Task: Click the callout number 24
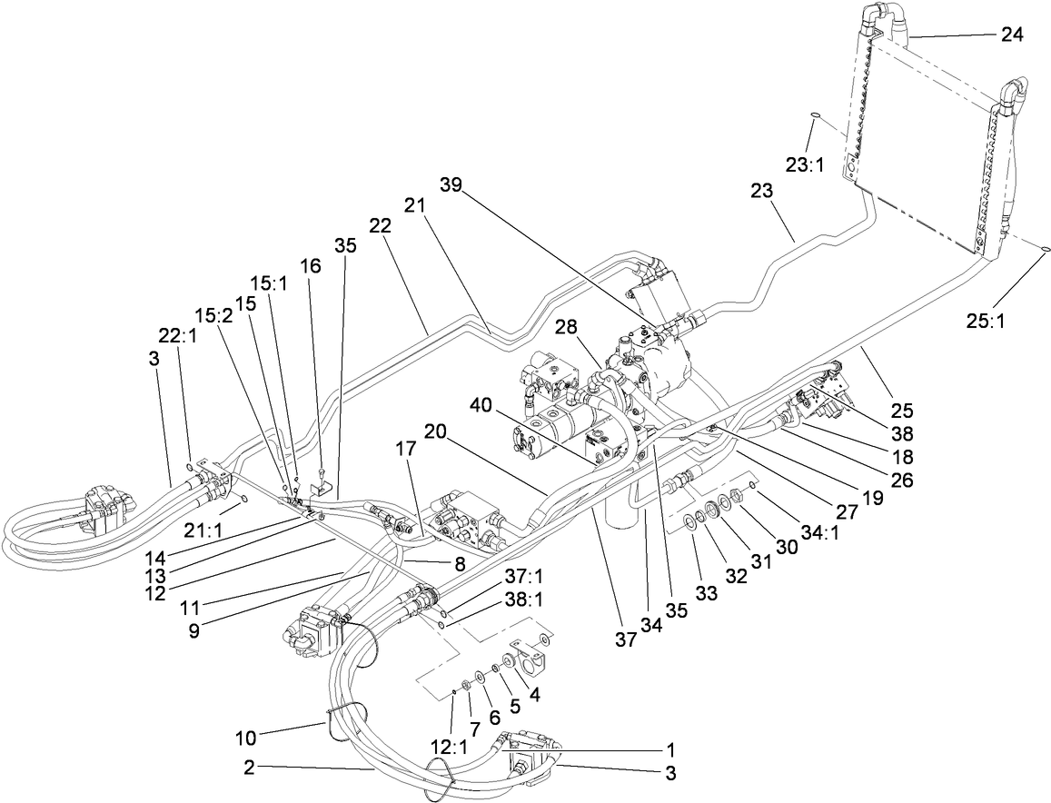(1011, 35)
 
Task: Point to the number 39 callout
(451, 185)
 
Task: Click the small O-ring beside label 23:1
(815, 115)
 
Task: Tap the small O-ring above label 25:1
(1046, 247)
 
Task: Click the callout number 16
(311, 265)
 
